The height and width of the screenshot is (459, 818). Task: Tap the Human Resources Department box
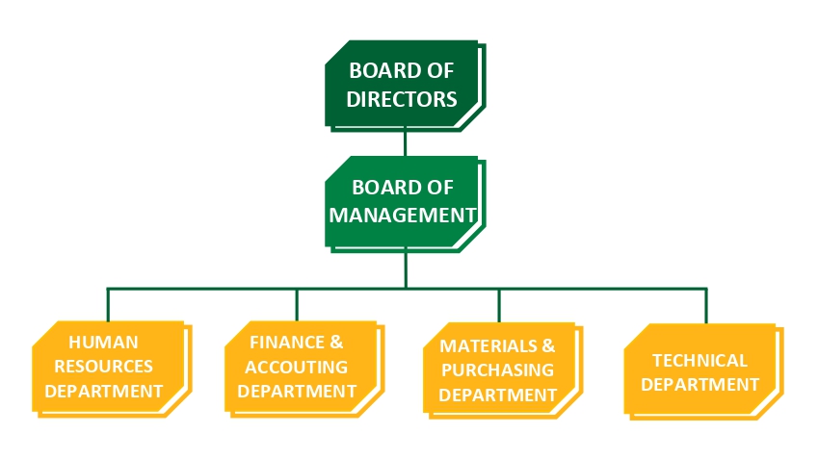(106, 366)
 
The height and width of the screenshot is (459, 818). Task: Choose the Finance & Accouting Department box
(298, 366)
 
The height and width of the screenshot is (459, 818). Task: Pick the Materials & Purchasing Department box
(498, 369)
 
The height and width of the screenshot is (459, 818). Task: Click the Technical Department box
(699, 371)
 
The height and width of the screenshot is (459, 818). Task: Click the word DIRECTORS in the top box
(402, 98)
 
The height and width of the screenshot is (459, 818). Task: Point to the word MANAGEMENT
(403, 214)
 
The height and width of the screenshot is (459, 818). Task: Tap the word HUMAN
(104, 342)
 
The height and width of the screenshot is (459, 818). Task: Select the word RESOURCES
(104, 367)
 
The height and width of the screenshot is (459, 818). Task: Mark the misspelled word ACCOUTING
(297, 367)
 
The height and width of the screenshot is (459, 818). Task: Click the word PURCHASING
(497, 370)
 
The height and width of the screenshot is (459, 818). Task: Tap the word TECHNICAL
(699, 360)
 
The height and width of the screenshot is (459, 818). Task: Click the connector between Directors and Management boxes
(405, 143)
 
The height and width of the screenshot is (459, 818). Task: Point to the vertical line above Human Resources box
(107, 304)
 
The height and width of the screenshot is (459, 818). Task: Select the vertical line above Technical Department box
(706, 305)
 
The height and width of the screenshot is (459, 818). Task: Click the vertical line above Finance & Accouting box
(297, 304)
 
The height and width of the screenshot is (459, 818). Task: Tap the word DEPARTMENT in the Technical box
(699, 384)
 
